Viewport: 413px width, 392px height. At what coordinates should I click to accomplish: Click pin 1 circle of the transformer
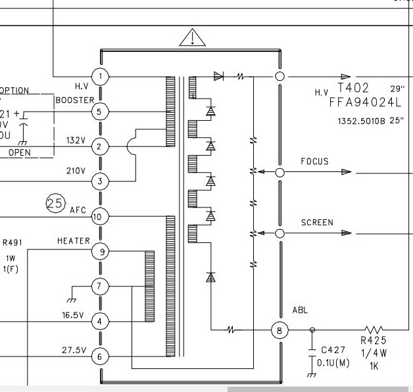coord(100,76)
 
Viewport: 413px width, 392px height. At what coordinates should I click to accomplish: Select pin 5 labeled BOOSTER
coord(100,111)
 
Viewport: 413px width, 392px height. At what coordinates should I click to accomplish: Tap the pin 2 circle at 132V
coord(99,146)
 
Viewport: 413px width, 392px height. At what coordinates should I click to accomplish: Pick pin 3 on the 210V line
coord(99,181)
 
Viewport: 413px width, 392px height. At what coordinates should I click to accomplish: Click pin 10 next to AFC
coord(99,217)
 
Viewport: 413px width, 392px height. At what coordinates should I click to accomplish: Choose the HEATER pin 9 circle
coord(100,251)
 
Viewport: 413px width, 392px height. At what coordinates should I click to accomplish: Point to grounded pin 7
coord(100,286)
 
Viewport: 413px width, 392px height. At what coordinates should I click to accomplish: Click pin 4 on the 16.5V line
coord(100,321)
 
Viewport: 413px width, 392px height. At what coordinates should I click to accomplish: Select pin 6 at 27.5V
coord(100,357)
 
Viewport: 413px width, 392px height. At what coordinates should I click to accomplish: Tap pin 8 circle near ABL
coord(279,330)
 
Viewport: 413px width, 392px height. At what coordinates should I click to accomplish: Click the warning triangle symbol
coord(191,39)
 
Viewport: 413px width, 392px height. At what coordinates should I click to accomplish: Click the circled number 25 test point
coord(55,204)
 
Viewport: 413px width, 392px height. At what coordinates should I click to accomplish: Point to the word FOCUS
coord(314,161)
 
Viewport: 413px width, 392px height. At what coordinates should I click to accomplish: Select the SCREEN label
coord(317,223)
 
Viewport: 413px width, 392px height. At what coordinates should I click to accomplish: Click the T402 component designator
coord(354,88)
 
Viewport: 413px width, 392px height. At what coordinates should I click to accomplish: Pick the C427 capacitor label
coord(333,350)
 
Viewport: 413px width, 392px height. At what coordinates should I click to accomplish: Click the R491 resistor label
coord(12,242)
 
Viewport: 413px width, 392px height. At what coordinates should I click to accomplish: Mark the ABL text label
coord(299,310)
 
